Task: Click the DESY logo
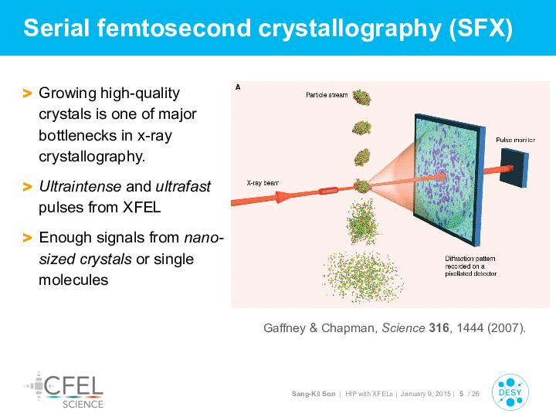point(510,392)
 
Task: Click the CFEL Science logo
point(64,390)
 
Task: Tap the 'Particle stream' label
point(327,95)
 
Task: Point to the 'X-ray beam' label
point(263,183)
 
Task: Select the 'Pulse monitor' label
point(515,140)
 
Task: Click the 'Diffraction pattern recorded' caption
point(470,266)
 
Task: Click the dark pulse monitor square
point(514,168)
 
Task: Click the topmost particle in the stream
point(361,97)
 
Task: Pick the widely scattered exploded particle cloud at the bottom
point(362,276)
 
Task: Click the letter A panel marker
point(238,87)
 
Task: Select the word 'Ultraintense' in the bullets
point(80,186)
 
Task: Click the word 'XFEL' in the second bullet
point(141,208)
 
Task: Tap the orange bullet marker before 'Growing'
point(27,93)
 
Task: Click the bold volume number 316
point(439,327)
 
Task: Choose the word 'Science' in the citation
point(403,327)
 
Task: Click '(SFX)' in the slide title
point(481,28)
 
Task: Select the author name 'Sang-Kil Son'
point(314,394)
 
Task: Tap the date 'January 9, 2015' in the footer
point(425,394)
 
